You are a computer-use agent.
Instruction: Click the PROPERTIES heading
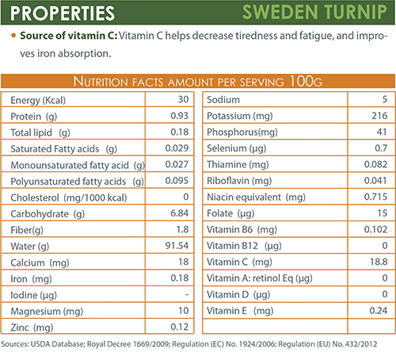click(63, 13)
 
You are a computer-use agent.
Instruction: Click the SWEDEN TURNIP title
click(314, 12)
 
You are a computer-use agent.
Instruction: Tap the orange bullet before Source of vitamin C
click(13, 35)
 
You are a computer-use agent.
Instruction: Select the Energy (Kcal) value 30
click(183, 99)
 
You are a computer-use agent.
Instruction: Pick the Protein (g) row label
click(34, 117)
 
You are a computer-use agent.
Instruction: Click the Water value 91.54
click(177, 246)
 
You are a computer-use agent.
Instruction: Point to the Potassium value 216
click(379, 116)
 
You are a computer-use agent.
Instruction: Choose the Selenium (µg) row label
click(236, 148)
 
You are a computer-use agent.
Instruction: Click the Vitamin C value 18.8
click(379, 262)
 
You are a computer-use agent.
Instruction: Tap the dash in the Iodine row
click(187, 294)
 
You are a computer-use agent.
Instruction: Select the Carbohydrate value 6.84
click(180, 213)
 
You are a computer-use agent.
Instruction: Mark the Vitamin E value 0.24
click(379, 311)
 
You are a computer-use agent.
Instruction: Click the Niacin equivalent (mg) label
click(256, 197)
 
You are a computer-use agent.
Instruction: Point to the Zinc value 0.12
click(180, 327)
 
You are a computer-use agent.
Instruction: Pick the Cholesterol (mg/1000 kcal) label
click(69, 197)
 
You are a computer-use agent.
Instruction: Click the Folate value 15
click(383, 213)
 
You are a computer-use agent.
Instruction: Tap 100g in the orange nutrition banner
click(306, 81)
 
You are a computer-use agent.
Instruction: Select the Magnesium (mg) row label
click(47, 312)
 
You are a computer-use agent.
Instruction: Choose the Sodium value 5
click(385, 99)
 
